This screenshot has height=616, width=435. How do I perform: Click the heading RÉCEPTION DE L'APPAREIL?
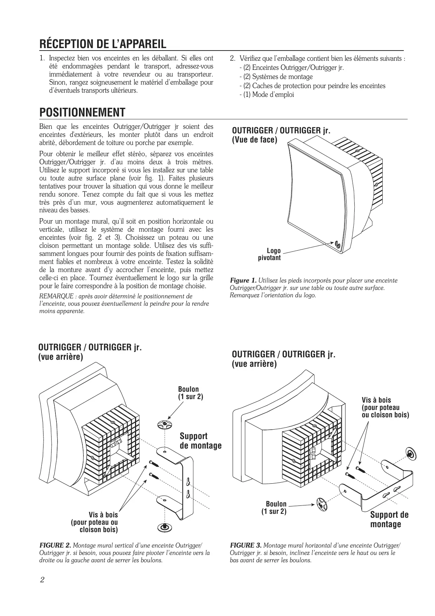103,44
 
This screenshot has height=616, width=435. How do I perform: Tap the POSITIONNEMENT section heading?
82,113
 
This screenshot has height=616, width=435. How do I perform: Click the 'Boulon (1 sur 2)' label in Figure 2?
190,393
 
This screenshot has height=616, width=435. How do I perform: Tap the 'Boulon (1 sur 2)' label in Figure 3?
274,508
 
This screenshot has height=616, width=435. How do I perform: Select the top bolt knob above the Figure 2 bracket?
164,424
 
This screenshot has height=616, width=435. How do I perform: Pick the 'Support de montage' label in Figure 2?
200,441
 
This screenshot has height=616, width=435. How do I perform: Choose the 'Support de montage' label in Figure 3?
389,519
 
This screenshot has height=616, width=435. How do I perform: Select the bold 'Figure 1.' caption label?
243,280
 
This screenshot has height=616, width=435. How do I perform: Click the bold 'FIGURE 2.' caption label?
55,545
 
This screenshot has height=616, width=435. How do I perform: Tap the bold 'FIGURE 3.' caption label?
246,545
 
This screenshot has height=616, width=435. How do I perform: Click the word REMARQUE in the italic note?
56,296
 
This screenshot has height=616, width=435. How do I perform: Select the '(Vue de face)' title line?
254,140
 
